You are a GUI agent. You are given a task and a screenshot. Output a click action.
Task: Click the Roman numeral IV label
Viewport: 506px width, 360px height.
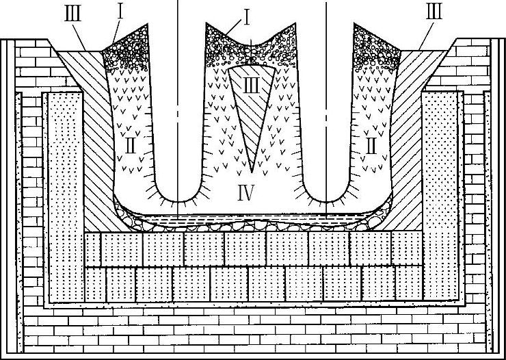(248, 193)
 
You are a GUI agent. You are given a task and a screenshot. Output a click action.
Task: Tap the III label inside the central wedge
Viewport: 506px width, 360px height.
(252, 86)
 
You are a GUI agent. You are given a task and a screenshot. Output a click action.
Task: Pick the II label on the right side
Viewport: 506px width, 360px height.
(371, 145)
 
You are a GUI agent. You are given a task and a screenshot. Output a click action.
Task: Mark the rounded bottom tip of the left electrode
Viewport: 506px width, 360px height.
(177, 202)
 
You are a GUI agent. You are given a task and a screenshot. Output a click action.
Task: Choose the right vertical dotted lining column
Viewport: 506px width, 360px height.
(440, 198)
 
